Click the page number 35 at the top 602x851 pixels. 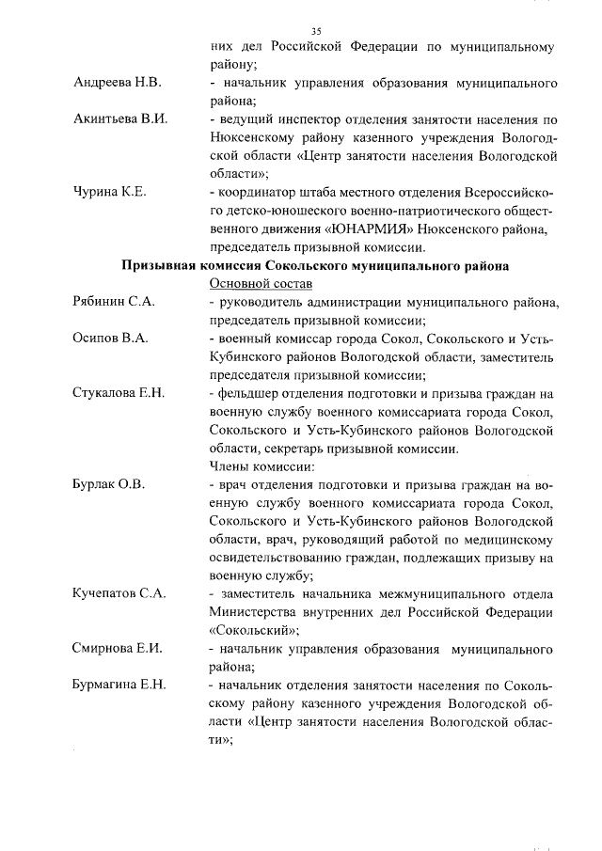(315, 31)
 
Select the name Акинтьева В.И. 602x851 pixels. (119, 120)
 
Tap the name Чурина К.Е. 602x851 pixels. (110, 194)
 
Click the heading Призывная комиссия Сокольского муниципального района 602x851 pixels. (315, 266)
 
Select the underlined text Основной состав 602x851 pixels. (261, 284)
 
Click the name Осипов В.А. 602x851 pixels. (109, 339)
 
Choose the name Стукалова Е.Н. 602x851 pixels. (119, 393)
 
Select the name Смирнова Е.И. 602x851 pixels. (117, 649)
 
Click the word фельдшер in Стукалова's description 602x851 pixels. (250, 393)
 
